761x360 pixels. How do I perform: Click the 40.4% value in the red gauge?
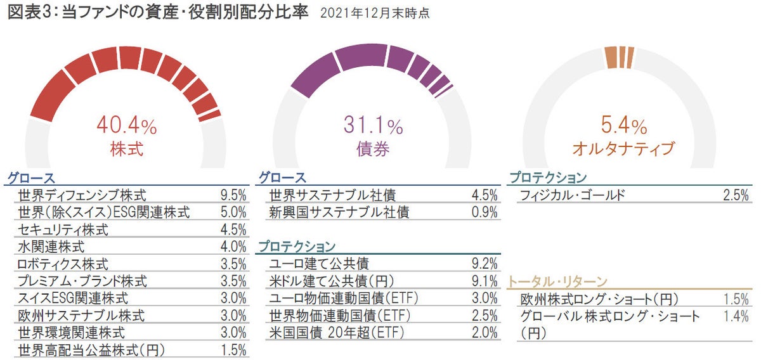coord(126,125)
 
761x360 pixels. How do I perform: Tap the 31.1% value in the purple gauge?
coord(374,125)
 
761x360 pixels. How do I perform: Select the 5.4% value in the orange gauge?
coord(623,125)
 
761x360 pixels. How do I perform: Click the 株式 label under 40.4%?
coord(126,150)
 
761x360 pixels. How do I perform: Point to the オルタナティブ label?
coord(623,149)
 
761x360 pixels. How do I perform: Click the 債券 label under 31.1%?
coord(374,150)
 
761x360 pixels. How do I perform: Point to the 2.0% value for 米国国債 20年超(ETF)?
coord(485,332)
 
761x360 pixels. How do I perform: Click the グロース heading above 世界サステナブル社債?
coord(283,177)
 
